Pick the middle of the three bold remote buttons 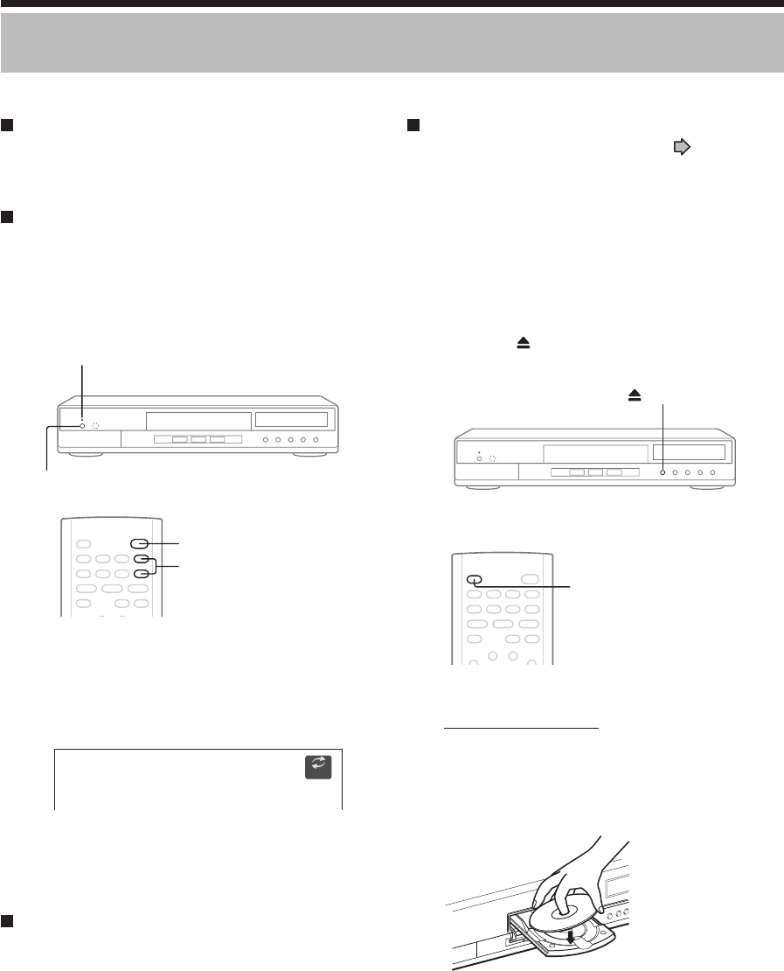coord(141,559)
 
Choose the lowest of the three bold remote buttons coord(141,575)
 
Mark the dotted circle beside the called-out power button coord(96,426)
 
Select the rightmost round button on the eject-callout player coord(713,472)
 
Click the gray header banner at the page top coord(392,43)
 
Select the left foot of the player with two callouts coord(80,456)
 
